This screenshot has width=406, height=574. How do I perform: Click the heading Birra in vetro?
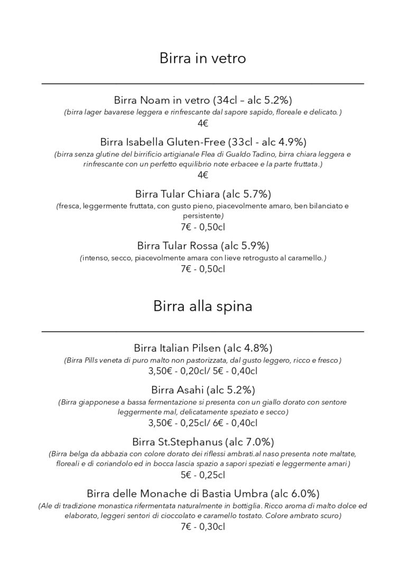pos(202,58)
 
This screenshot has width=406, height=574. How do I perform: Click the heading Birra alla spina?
pos(202,306)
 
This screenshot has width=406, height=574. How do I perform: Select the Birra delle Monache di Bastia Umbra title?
pos(203,494)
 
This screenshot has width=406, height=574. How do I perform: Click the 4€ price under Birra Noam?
pos(203,124)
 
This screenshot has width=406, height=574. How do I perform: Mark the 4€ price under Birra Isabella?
pos(203,175)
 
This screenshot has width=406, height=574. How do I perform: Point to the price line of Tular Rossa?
pos(203,269)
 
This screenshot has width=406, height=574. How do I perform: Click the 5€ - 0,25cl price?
pos(203,475)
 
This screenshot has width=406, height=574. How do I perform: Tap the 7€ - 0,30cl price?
pos(203,526)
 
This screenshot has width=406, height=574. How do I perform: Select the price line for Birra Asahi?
pos(203,423)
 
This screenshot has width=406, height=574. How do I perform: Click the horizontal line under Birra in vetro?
pos(202,84)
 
